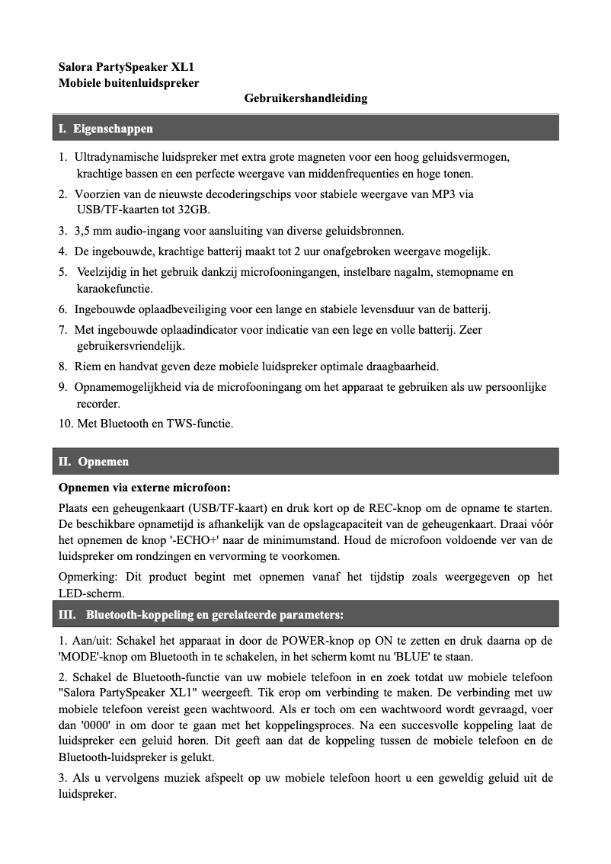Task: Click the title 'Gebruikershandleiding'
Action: [x=305, y=98]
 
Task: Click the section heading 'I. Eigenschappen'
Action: [x=105, y=129]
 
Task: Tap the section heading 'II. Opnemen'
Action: [x=94, y=462]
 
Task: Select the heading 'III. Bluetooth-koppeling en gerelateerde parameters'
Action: [x=201, y=614]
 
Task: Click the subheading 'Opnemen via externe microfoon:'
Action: [x=144, y=487]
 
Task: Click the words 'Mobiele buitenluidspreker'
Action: [x=129, y=82]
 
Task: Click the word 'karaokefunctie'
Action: [x=114, y=289]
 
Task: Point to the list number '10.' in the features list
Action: [x=66, y=421]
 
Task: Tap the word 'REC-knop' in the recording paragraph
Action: [x=392, y=507]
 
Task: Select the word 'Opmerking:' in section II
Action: [x=85, y=578]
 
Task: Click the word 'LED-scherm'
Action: [x=91, y=593]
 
